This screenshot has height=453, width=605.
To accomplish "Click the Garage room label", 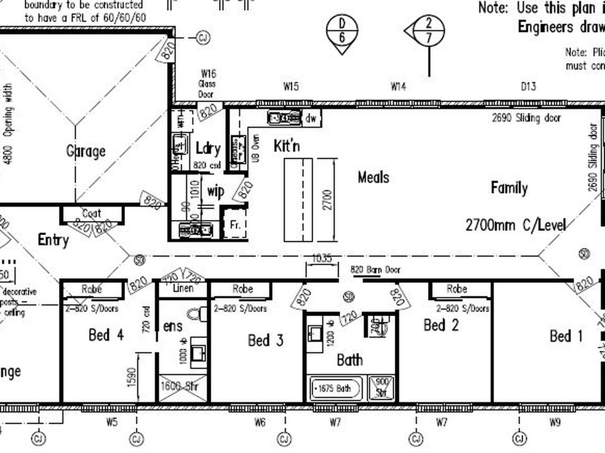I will (x=86, y=150).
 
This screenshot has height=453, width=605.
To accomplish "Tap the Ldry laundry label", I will (x=208, y=148).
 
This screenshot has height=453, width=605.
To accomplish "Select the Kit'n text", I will (x=287, y=146).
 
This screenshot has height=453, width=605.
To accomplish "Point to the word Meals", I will (x=373, y=177).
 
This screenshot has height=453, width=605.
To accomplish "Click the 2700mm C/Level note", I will (x=515, y=224).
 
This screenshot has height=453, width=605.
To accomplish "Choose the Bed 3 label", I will (x=266, y=341).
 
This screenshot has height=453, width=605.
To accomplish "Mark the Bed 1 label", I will (x=566, y=336).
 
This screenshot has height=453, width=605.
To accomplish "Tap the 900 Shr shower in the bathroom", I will (x=382, y=388).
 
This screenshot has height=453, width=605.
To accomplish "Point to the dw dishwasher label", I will (x=311, y=119).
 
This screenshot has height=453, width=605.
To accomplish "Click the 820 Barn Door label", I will (x=376, y=270).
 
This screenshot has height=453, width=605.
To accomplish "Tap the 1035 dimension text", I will (x=322, y=259).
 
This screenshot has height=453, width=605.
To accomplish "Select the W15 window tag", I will (x=290, y=87).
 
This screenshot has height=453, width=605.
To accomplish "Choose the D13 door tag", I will (x=528, y=87).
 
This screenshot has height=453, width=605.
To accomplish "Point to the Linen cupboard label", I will (x=183, y=289).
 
